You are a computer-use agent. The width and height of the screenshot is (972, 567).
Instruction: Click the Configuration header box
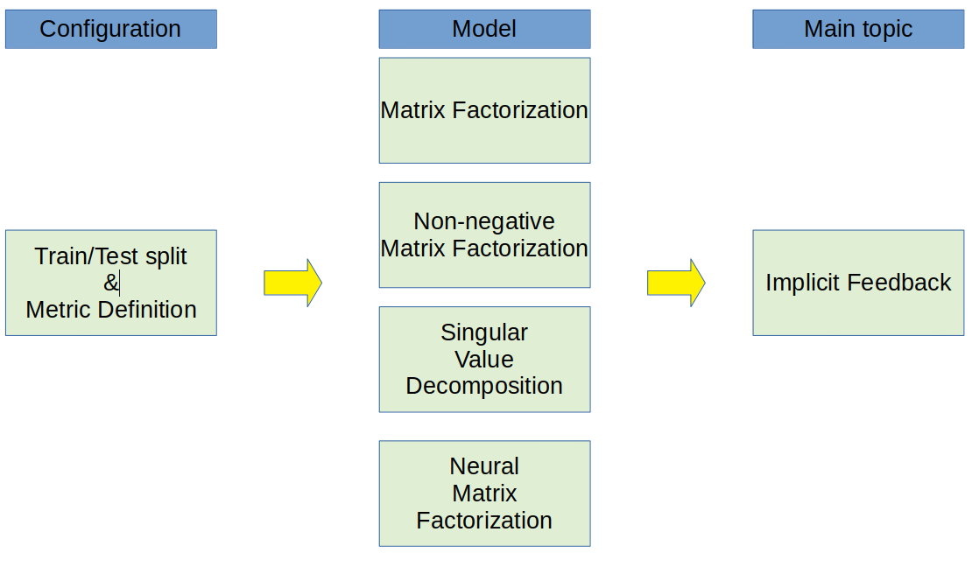click(x=110, y=29)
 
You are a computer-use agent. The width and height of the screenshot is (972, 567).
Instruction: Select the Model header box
click(x=484, y=29)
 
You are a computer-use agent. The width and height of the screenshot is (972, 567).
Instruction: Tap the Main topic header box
click(x=858, y=29)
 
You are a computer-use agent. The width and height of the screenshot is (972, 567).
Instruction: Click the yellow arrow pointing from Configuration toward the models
click(x=292, y=283)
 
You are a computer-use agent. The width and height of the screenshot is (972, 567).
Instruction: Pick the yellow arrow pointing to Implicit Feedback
click(x=676, y=283)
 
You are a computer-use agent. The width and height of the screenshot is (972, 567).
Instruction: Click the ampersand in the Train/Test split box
click(x=110, y=283)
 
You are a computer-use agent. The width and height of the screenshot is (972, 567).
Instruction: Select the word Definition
click(x=147, y=310)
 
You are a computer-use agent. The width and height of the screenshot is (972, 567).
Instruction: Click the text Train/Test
click(x=87, y=256)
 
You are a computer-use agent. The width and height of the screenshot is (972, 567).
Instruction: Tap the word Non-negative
click(x=484, y=221)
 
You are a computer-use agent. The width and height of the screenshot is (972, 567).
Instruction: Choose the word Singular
click(x=484, y=332)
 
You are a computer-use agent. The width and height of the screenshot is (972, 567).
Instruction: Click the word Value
click(x=484, y=359)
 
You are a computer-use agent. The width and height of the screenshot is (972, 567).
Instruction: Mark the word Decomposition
click(x=484, y=386)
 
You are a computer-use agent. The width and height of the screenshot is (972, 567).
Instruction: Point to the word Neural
click(x=484, y=466)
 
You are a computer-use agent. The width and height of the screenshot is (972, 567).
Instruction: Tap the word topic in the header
click(x=885, y=29)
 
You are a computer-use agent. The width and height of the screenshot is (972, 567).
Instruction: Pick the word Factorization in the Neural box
click(x=484, y=521)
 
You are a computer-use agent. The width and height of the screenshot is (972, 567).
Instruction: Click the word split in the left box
click(x=166, y=256)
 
